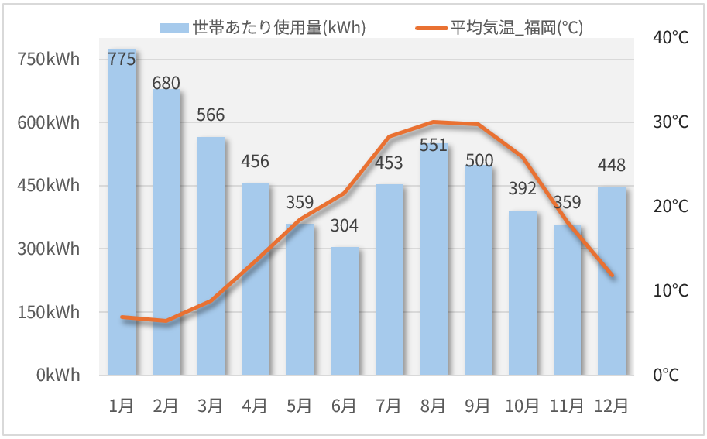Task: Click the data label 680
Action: [x=166, y=83]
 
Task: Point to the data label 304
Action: [x=345, y=226]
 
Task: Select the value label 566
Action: [x=211, y=115]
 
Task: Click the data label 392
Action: [x=523, y=188]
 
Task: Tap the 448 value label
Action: [x=612, y=165]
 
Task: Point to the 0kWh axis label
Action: [x=58, y=376]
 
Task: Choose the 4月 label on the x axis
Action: [x=255, y=405]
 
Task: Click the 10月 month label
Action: [x=523, y=405]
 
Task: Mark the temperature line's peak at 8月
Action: [x=434, y=122]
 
